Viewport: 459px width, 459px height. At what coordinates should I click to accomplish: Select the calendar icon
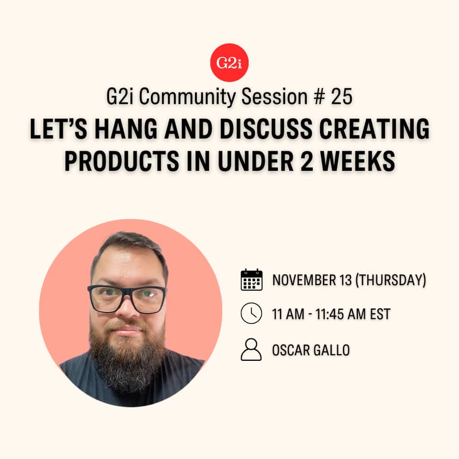251,280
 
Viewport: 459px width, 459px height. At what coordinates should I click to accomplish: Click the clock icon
251,314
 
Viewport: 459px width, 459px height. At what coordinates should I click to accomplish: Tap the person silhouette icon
251,349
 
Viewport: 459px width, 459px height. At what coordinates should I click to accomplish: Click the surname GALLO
331,349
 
